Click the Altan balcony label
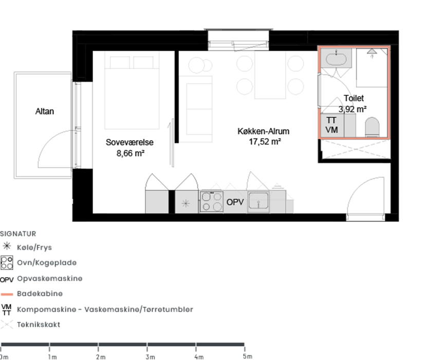[45, 111]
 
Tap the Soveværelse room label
[129, 142]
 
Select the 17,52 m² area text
[265, 141]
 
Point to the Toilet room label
[354, 98]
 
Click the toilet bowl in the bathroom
[372, 127]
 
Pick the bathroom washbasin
[336, 58]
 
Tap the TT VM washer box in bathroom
[332, 125]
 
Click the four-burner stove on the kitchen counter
[212, 202]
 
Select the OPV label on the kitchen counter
[235, 202]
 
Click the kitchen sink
[258, 202]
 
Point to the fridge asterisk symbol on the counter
[185, 203]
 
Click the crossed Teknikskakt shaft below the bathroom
[356, 149]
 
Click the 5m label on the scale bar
[247, 356]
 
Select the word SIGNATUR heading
[18, 233]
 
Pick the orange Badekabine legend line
[7, 294]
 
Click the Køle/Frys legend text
[34, 247]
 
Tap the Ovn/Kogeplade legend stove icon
[7, 263]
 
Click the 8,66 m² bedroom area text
[130, 153]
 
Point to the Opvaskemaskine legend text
[49, 278]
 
